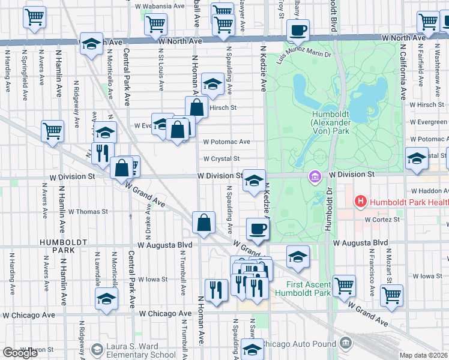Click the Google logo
click(x=20, y=353)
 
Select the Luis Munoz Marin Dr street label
click(x=304, y=55)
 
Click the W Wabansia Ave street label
click(x=160, y=6)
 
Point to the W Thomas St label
click(x=88, y=211)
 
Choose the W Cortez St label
click(x=382, y=220)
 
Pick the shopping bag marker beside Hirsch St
click(x=197, y=108)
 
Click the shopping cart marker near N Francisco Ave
click(x=391, y=295)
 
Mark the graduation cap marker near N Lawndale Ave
click(x=106, y=298)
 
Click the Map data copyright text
click(x=424, y=355)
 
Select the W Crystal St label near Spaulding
click(x=221, y=159)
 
